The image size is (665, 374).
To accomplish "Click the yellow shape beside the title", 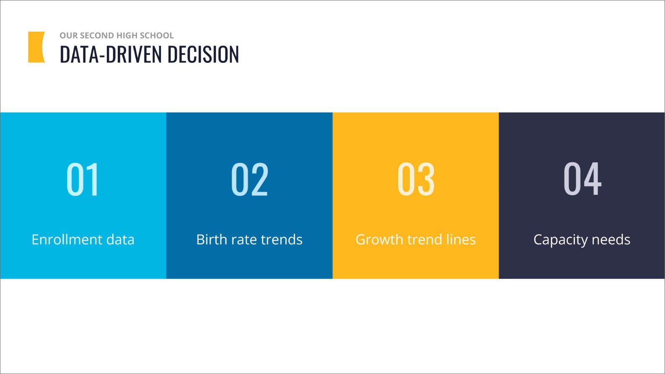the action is [x=36, y=47].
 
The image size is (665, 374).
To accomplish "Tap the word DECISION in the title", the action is [x=203, y=54].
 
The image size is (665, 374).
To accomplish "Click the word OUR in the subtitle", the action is [x=69, y=35].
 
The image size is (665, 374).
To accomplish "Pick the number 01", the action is [x=83, y=179].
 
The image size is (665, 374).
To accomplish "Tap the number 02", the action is [x=249, y=179].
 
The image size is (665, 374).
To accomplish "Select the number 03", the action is [x=416, y=179].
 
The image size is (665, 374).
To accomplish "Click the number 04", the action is [x=582, y=178].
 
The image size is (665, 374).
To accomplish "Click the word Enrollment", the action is [x=67, y=239].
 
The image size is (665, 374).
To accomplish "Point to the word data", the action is [x=120, y=239].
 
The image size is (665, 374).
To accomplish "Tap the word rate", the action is [x=244, y=240].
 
